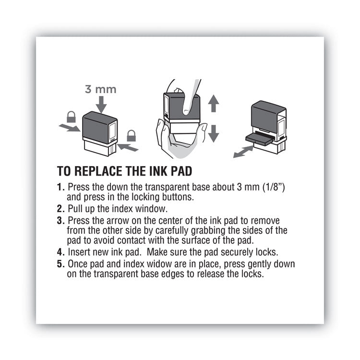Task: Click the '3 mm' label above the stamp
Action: click(x=101, y=89)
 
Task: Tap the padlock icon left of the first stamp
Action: click(x=72, y=117)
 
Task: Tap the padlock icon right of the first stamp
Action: click(x=131, y=135)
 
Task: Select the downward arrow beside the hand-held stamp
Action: click(x=214, y=132)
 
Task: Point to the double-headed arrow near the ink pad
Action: click(x=243, y=152)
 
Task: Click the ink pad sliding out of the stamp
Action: click(x=259, y=139)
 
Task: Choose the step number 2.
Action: click(x=60, y=209)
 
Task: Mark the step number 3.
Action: click(x=60, y=220)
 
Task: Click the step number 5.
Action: click(x=60, y=264)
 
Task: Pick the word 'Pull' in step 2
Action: click(x=75, y=209)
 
